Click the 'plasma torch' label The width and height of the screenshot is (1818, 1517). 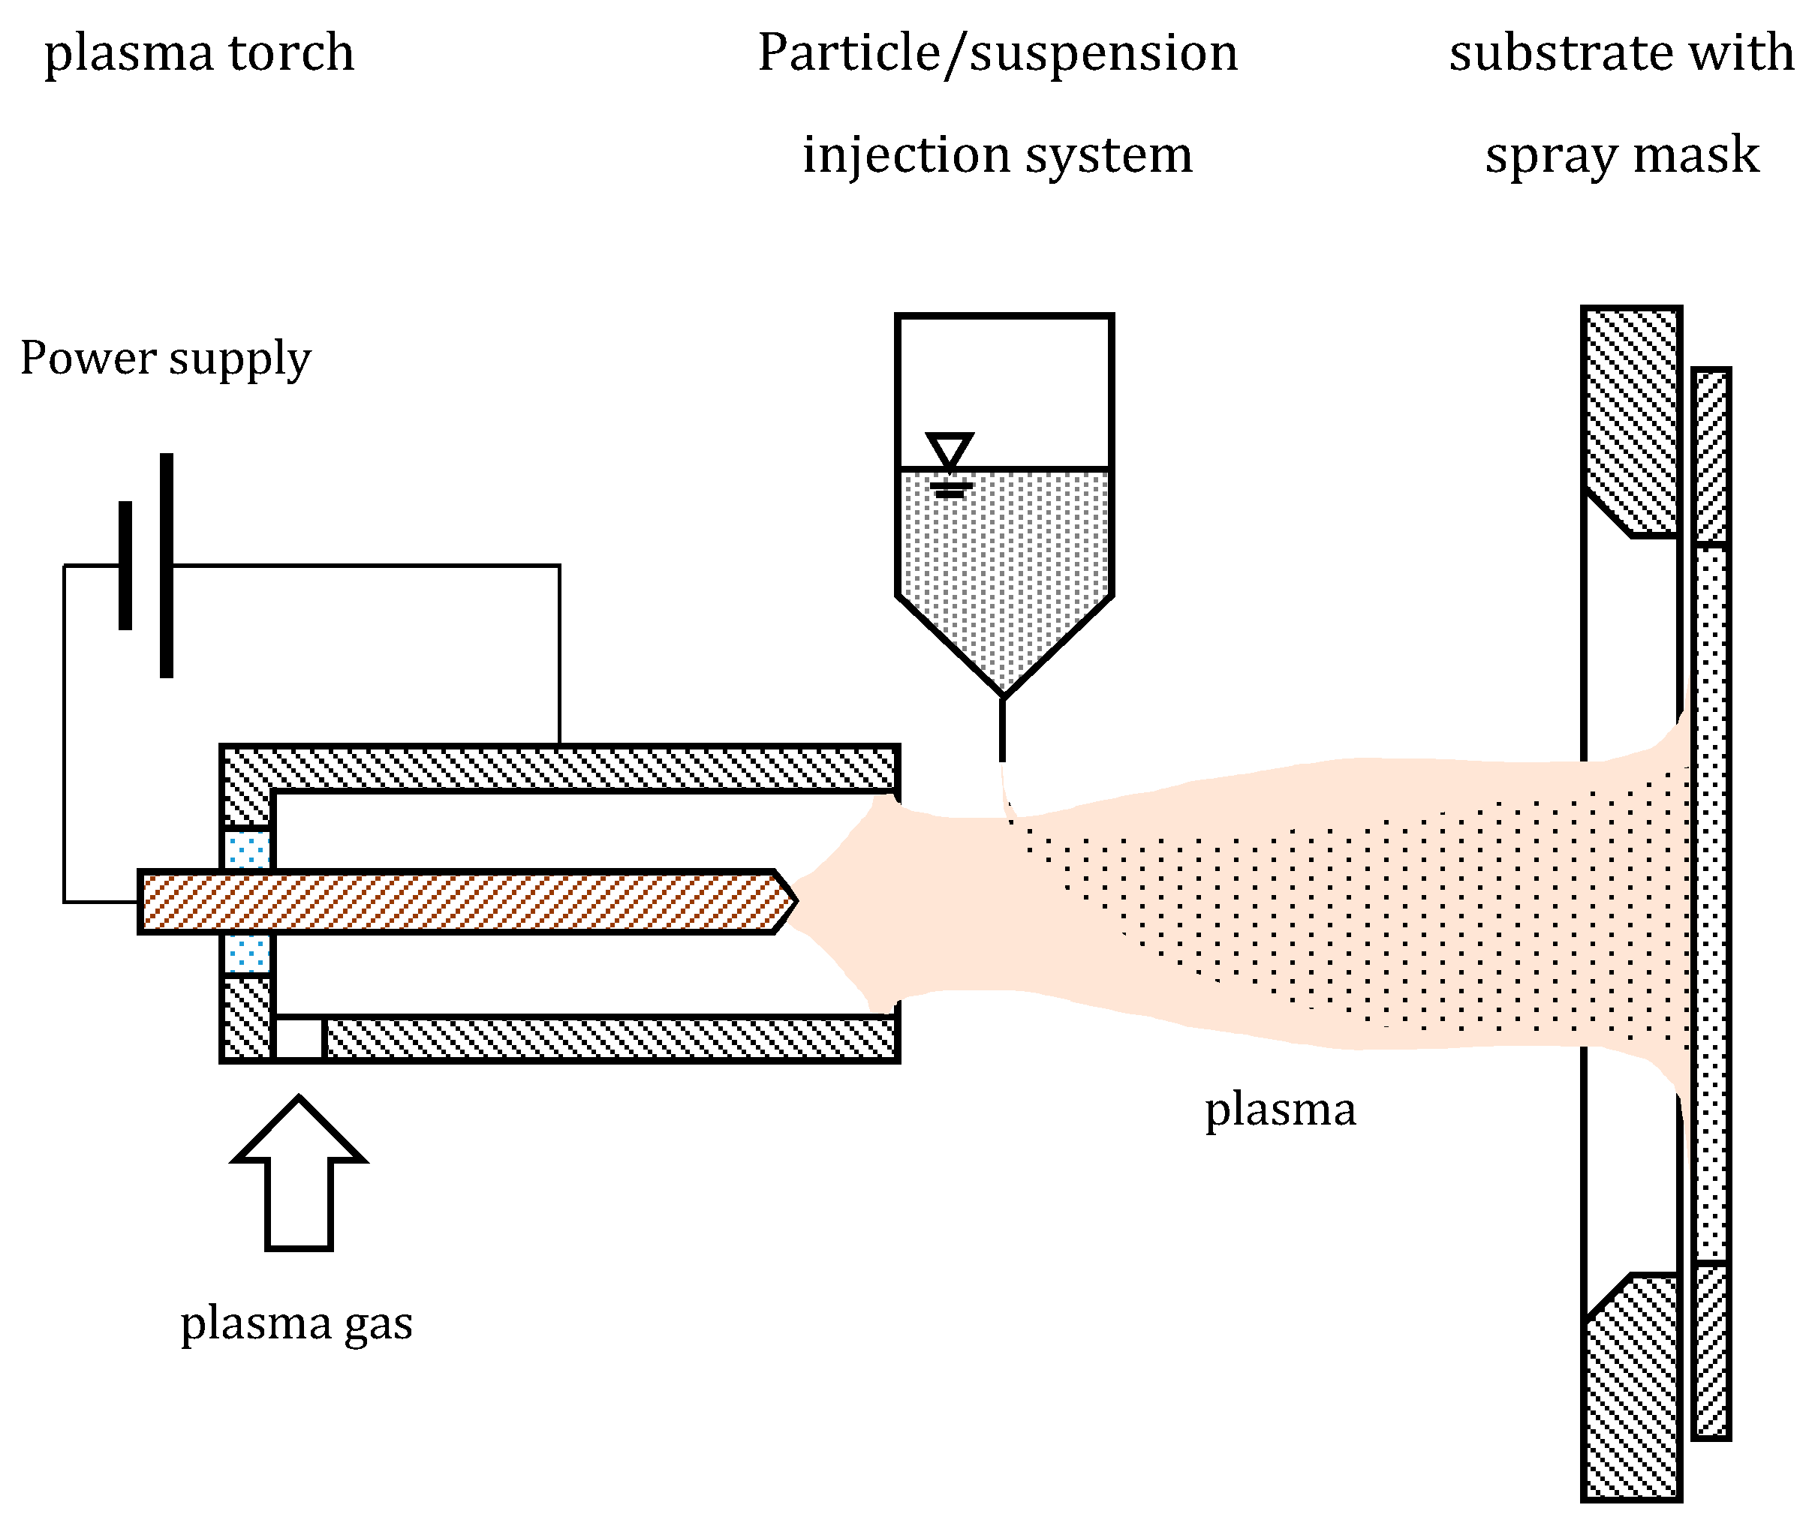coord(199,54)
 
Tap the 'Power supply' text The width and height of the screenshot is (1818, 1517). coord(165,359)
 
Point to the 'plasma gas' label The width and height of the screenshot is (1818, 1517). coord(296,1323)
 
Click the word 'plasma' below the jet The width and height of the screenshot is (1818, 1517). coord(1281,1110)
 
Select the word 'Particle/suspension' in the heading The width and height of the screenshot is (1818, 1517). coord(998,54)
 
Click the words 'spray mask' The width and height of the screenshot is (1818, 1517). coord(1621,156)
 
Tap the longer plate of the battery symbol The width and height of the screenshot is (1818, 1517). coord(166,565)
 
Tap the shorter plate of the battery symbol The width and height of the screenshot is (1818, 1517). coord(125,565)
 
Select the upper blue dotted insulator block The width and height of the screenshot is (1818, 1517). coord(248,849)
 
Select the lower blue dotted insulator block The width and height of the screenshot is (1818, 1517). coord(248,953)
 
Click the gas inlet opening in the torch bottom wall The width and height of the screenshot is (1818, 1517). coord(299,1038)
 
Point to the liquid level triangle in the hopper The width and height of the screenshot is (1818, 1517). coord(950,450)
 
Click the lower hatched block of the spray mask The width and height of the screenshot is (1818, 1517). coord(1631,1393)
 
